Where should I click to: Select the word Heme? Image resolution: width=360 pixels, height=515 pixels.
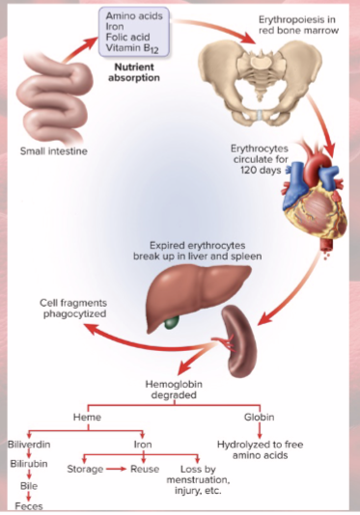pyautogui.click(x=88, y=418)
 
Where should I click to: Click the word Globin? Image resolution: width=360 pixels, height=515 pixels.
pyautogui.click(x=260, y=418)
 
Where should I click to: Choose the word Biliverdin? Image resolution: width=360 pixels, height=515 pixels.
pyautogui.click(x=29, y=445)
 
